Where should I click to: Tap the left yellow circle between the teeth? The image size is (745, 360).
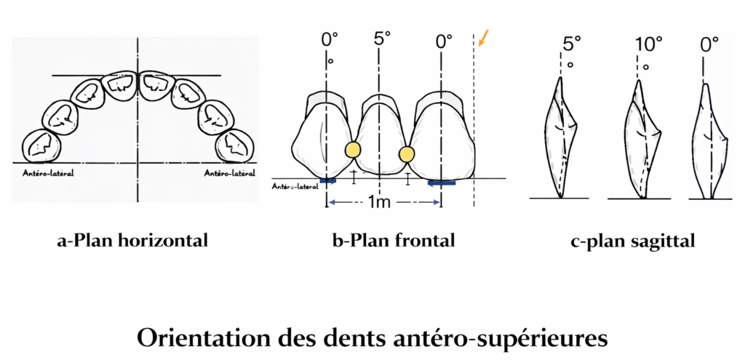[x=352, y=150]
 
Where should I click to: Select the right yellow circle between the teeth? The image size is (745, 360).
[x=406, y=153]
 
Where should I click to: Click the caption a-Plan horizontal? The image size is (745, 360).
[x=132, y=241]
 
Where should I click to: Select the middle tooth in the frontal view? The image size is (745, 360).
[x=380, y=138]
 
